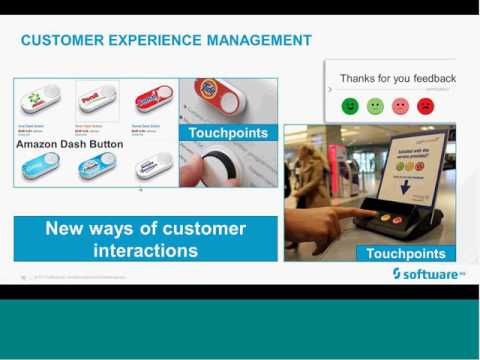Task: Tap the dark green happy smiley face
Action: pyautogui.click(x=350, y=106)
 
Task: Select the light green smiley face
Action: pyautogui.click(x=375, y=106)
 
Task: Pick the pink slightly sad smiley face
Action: pyautogui.click(x=400, y=106)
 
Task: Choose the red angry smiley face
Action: pyautogui.click(x=425, y=106)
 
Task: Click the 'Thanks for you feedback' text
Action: pyautogui.click(x=397, y=78)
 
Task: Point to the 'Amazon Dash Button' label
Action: pyautogui.click(x=69, y=144)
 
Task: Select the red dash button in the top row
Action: pyautogui.click(x=147, y=100)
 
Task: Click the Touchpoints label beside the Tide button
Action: pyautogui.click(x=228, y=132)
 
